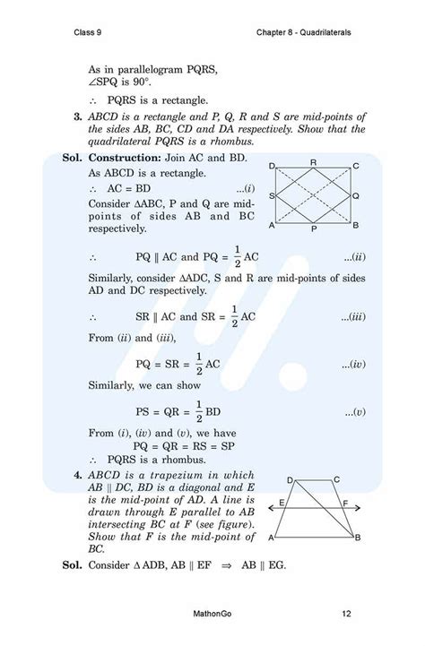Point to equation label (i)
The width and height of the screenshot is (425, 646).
247,189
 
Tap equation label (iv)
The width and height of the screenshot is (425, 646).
351,365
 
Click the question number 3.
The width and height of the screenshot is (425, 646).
79,116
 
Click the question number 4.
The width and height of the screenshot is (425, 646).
79,475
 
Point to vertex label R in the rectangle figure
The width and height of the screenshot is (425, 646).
313,161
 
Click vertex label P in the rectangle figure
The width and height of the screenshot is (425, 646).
312,229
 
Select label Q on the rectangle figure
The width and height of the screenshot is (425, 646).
356,194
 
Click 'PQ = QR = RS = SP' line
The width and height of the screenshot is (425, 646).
179,445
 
